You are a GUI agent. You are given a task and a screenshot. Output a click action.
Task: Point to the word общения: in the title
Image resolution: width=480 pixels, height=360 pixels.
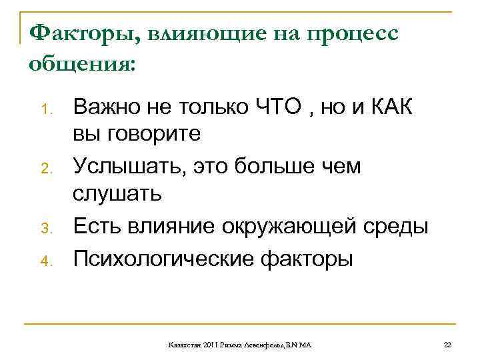point(82,65)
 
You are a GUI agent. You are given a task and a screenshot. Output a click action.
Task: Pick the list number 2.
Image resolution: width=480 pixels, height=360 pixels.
point(46,169)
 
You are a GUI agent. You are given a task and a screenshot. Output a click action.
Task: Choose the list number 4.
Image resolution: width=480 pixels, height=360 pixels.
point(46,260)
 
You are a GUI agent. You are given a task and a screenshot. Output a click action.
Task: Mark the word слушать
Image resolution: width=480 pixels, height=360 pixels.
point(117,195)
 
